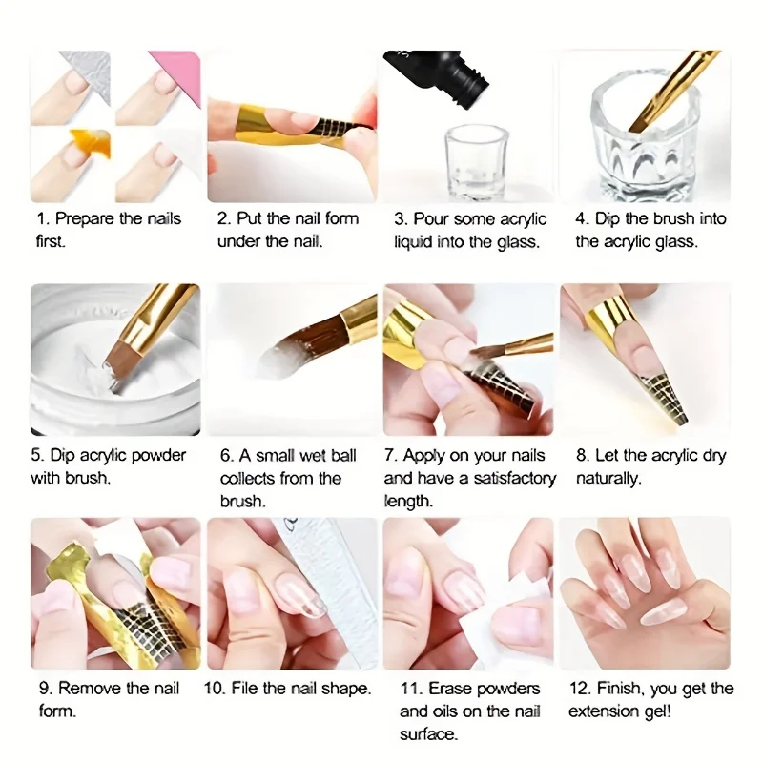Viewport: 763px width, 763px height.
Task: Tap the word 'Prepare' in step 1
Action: (x=84, y=218)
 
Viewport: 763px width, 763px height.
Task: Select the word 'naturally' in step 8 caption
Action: (x=607, y=478)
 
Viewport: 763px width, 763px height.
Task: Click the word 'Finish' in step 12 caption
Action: (x=621, y=688)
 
